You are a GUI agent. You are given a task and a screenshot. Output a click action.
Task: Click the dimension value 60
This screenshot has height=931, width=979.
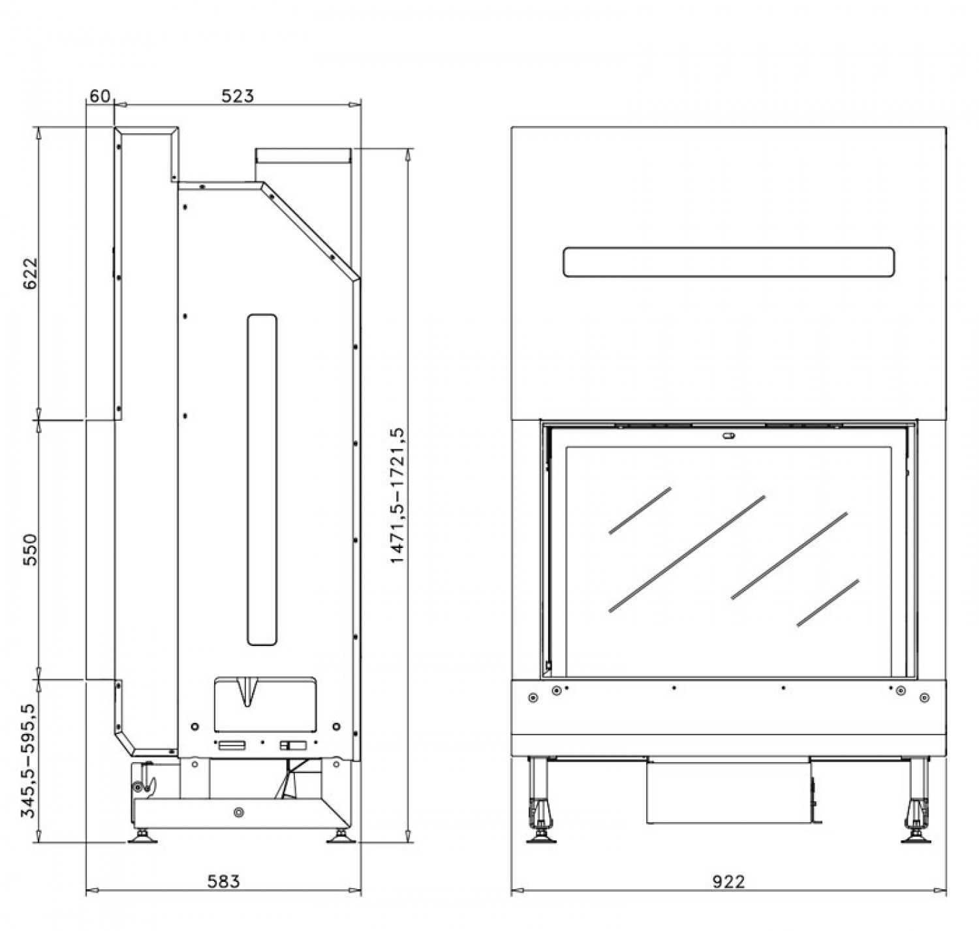(x=99, y=97)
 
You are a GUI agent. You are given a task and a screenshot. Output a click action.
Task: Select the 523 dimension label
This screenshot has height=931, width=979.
(x=237, y=96)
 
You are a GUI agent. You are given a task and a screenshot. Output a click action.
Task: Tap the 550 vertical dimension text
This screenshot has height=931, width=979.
(x=31, y=549)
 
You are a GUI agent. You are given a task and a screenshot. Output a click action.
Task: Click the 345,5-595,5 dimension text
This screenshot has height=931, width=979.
(x=29, y=761)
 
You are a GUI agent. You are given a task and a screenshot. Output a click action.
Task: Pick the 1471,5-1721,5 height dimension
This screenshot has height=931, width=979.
(x=397, y=496)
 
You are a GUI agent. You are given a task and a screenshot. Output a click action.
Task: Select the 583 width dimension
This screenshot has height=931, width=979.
(x=224, y=881)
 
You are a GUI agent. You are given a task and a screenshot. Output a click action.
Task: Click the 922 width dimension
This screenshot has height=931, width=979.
(x=728, y=881)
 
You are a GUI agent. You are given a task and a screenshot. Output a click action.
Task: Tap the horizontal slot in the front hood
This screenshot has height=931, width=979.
(x=728, y=262)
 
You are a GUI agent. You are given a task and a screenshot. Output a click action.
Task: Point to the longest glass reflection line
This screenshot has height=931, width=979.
(x=687, y=554)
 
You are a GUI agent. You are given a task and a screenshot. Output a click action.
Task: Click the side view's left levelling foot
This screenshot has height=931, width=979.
(x=143, y=836)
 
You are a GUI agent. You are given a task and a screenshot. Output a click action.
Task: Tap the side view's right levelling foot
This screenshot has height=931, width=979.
(x=341, y=836)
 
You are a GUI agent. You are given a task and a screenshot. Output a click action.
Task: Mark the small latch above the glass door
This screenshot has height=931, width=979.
(x=729, y=436)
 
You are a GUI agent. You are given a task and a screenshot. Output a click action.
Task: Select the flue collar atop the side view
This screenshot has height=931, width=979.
(x=303, y=157)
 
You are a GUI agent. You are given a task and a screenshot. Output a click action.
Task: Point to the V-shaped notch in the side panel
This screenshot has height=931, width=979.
(x=247, y=692)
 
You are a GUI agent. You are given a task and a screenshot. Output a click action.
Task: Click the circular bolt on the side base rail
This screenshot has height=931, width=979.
(x=238, y=812)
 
